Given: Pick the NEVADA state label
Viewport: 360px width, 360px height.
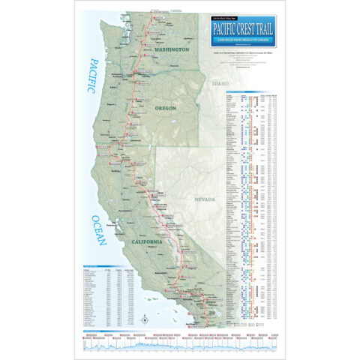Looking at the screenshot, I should pos(205,199).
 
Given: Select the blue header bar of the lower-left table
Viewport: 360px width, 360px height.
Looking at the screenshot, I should pos(109,265).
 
